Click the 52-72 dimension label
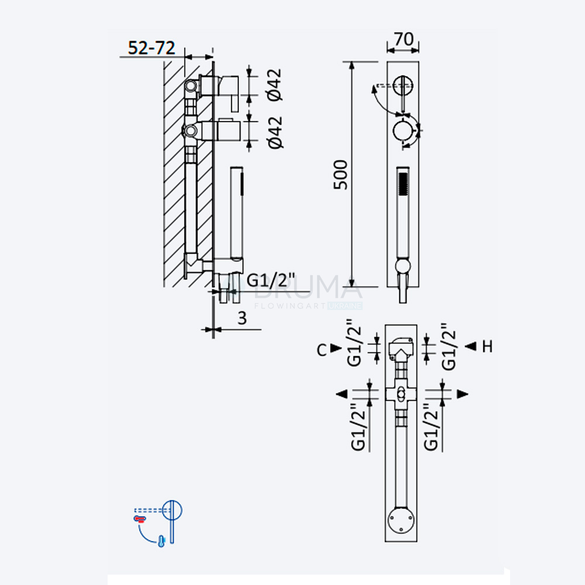pyautogui.click(x=152, y=48)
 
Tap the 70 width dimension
pyautogui.click(x=404, y=39)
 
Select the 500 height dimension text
pyautogui.click(x=340, y=174)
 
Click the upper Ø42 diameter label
pyautogui.click(x=274, y=85)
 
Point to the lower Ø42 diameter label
pyautogui.click(x=276, y=132)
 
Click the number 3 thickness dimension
pyautogui.click(x=242, y=318)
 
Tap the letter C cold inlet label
pyautogui.click(x=322, y=350)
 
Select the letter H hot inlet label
pyautogui.click(x=487, y=346)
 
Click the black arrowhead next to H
pyautogui.click(x=471, y=346)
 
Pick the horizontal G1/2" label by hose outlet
pyautogui.click(x=271, y=280)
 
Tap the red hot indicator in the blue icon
pyautogui.click(x=140, y=518)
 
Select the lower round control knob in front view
pyautogui.click(x=403, y=130)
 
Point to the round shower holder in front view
pyautogui.click(x=402, y=266)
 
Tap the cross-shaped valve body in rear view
pyautogui.click(x=401, y=394)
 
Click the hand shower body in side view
pyautogui.click(x=237, y=213)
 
